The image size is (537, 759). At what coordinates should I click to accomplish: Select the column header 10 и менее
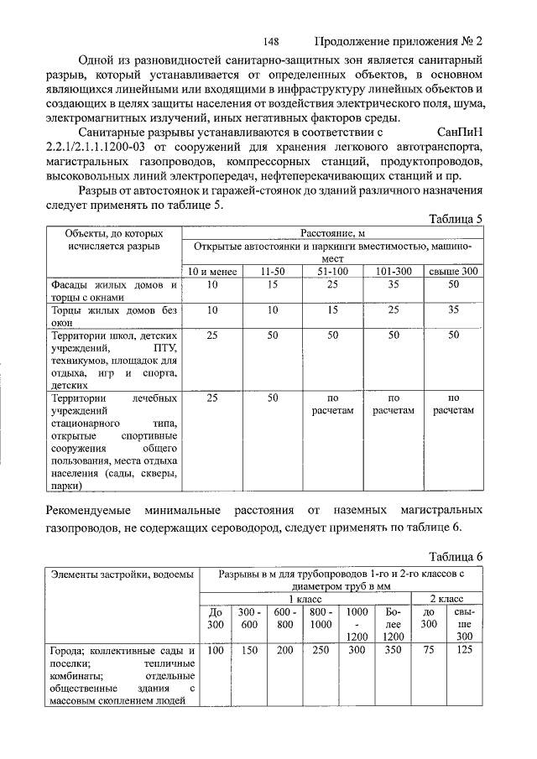[212, 272]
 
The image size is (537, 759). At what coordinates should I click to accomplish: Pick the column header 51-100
[333, 272]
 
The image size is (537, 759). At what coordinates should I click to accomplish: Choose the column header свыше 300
[453, 272]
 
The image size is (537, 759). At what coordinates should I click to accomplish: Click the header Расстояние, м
[333, 232]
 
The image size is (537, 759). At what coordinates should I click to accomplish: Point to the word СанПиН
[461, 132]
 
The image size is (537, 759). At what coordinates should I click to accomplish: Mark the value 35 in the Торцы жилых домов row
[453, 309]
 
